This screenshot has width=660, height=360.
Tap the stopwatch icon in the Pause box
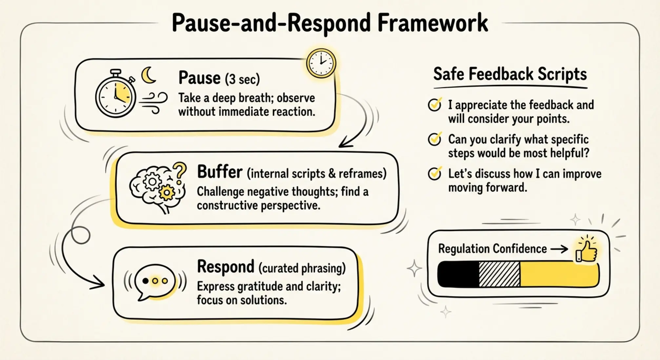tap(115, 95)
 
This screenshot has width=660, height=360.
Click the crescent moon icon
tap(148, 75)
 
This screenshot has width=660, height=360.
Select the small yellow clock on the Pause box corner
tap(321, 63)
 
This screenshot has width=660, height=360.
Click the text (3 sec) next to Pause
tap(242, 79)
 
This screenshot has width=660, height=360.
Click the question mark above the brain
tap(180, 172)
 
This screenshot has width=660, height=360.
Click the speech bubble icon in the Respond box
tap(155, 281)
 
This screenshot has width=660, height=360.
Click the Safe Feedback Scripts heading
tap(510, 74)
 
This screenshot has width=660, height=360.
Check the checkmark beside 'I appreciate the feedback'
tap(435, 105)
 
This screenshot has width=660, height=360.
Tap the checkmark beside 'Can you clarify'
tap(435, 139)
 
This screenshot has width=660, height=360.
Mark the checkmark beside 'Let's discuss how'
tap(435, 173)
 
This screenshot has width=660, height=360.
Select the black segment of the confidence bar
tap(458, 274)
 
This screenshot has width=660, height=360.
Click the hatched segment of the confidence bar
tap(499, 274)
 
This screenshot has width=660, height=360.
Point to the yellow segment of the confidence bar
tap(559, 274)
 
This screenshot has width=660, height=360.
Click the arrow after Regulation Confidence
tap(559, 249)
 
